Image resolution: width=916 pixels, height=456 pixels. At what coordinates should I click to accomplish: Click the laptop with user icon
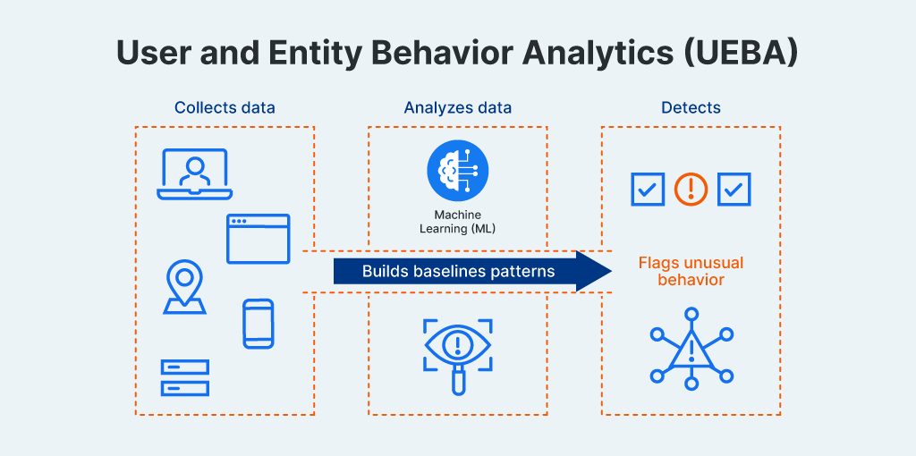pyautogui.click(x=194, y=174)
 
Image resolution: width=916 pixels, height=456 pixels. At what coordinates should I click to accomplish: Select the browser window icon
pyautogui.click(x=258, y=239)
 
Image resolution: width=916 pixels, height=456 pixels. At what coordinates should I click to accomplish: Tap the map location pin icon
pyautogui.click(x=184, y=287)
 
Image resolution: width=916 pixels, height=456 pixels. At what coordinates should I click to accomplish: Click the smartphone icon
pyautogui.click(x=258, y=324)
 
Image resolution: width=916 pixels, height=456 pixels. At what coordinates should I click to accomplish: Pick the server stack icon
pyautogui.click(x=185, y=377)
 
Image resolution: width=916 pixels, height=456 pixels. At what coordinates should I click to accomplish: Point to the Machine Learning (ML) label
pyautogui.click(x=457, y=222)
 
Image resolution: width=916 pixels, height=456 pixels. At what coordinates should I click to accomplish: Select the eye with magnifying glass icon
pyautogui.click(x=457, y=351)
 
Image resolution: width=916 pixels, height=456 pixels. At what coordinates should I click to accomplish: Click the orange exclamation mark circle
pyautogui.click(x=691, y=189)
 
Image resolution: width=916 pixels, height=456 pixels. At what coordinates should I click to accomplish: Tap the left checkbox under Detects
pyautogui.click(x=647, y=189)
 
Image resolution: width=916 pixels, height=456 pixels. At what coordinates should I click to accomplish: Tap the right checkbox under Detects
pyautogui.click(x=734, y=189)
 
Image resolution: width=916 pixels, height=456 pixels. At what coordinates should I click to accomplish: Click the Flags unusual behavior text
pyautogui.click(x=691, y=272)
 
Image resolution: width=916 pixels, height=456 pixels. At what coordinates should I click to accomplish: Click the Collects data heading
pyautogui.click(x=225, y=108)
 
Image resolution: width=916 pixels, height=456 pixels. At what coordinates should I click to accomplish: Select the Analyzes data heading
pyautogui.click(x=457, y=108)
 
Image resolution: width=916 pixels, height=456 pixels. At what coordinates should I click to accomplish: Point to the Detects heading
pyautogui.click(x=691, y=108)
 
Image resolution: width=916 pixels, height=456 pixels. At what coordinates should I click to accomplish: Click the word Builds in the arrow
pyautogui.click(x=383, y=271)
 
